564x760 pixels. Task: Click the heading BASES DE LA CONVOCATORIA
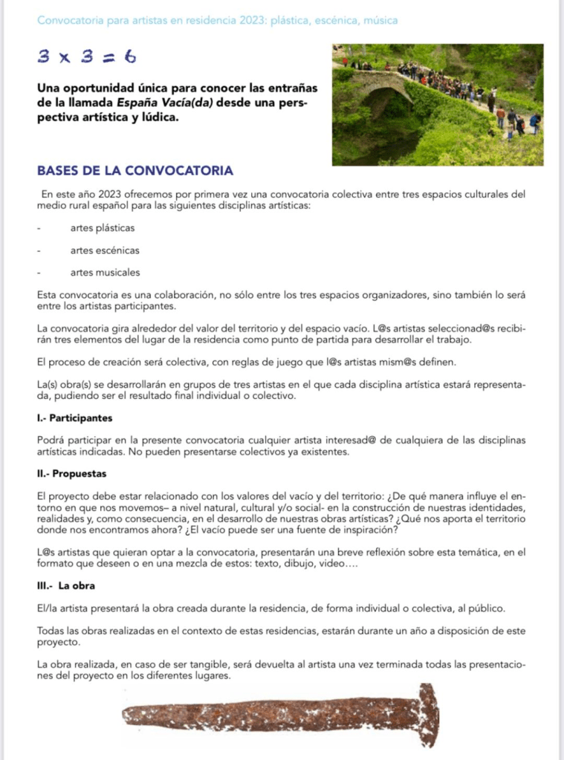coord(134,171)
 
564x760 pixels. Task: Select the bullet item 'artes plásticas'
coord(103,228)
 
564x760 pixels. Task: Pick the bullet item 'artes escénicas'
coord(105,250)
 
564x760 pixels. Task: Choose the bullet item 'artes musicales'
coord(105,273)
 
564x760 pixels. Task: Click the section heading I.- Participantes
coord(74,418)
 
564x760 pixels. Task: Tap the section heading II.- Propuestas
coord(71,473)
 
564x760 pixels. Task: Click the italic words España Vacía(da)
coord(175,103)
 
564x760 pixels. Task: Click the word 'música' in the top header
coord(380,20)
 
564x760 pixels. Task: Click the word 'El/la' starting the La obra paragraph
coord(47,608)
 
